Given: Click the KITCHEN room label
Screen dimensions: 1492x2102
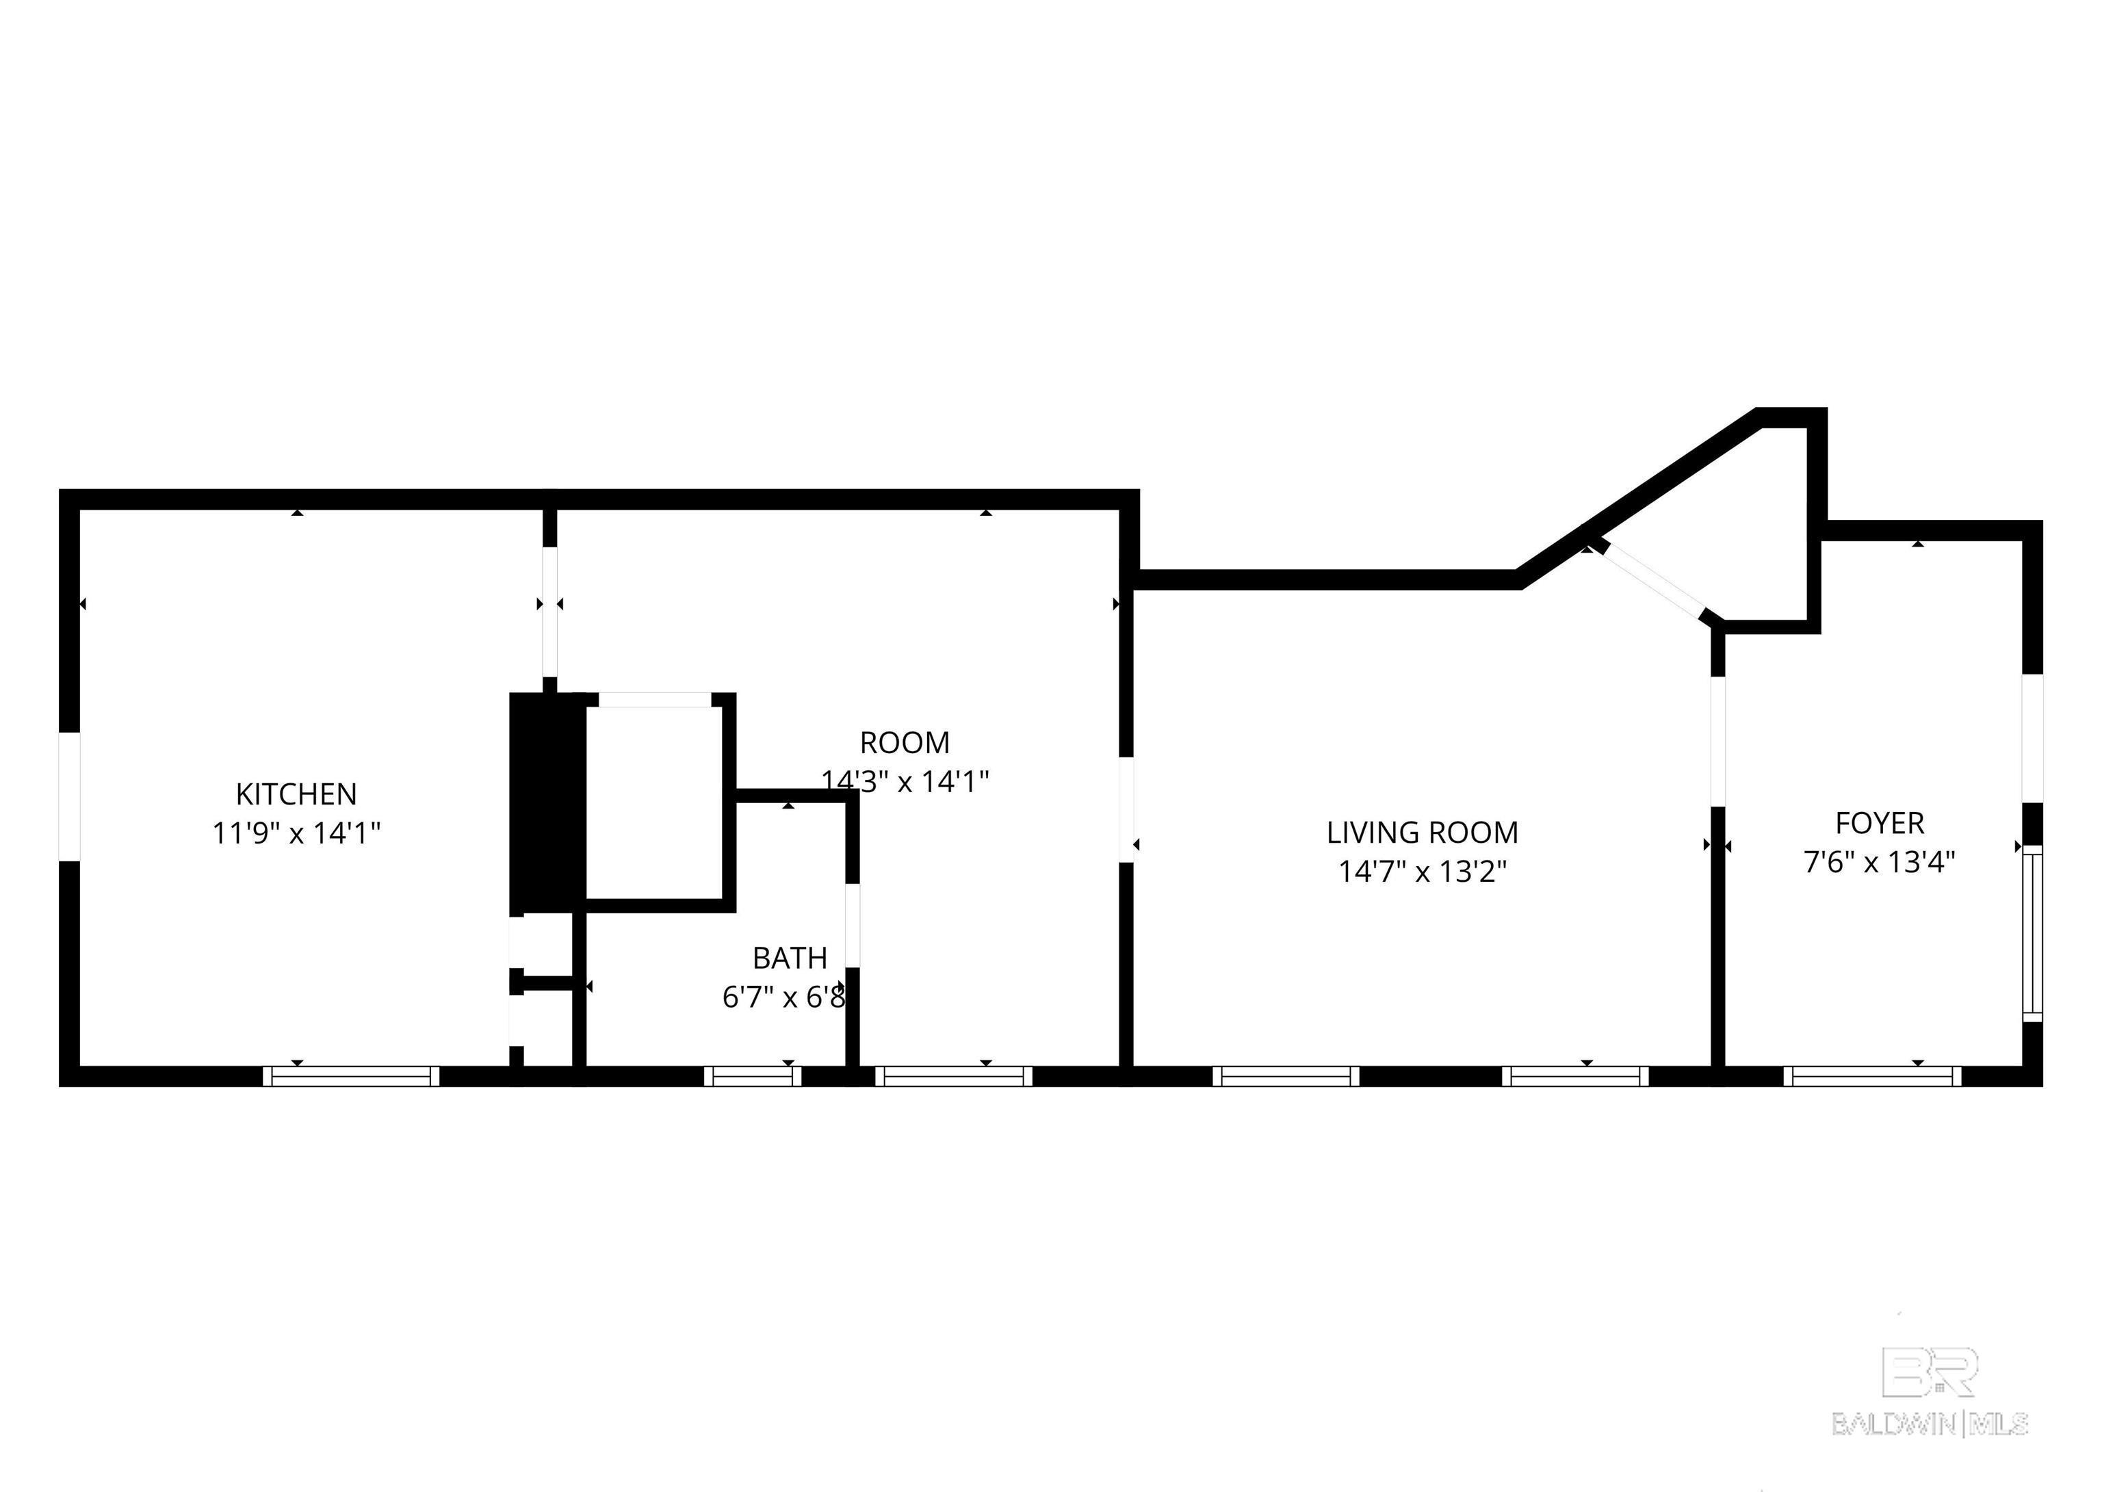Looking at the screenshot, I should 296,794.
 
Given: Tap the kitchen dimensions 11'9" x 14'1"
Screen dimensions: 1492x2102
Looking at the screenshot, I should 296,833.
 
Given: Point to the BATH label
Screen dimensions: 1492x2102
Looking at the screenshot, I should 789,958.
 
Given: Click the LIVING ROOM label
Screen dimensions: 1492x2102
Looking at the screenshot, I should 1421,833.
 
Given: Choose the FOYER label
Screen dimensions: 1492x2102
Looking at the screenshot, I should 1879,823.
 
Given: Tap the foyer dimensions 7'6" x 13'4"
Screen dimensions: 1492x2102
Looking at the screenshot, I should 1879,863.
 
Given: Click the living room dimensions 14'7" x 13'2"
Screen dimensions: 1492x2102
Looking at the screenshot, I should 1421,871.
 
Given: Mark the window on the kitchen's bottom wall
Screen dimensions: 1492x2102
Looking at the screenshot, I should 351,1076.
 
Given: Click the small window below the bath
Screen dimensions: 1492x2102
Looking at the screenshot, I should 753,1076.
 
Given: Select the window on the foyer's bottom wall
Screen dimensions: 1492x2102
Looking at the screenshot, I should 1872,1076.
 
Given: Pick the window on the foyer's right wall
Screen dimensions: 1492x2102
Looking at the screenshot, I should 2032,932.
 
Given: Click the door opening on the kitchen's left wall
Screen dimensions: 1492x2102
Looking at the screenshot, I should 69,796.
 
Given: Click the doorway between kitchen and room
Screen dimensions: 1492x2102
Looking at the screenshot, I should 549,611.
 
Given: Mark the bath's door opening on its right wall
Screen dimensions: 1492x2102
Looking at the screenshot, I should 852,924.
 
